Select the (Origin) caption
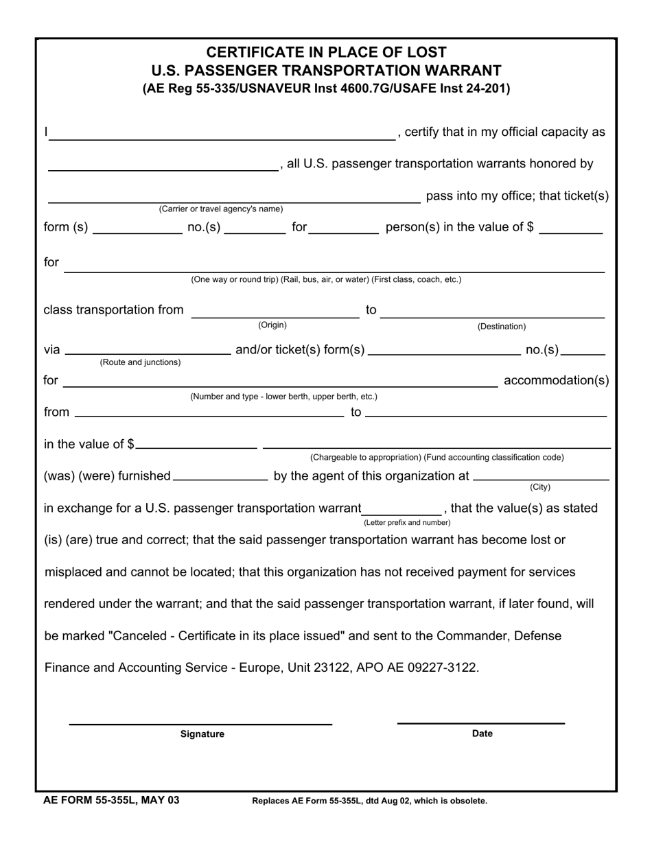point(272,325)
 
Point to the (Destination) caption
point(502,327)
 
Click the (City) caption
point(540,487)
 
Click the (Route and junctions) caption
point(141,362)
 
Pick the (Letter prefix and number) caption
point(407,522)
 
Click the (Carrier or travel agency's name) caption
point(220,209)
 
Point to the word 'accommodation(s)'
point(556,380)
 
